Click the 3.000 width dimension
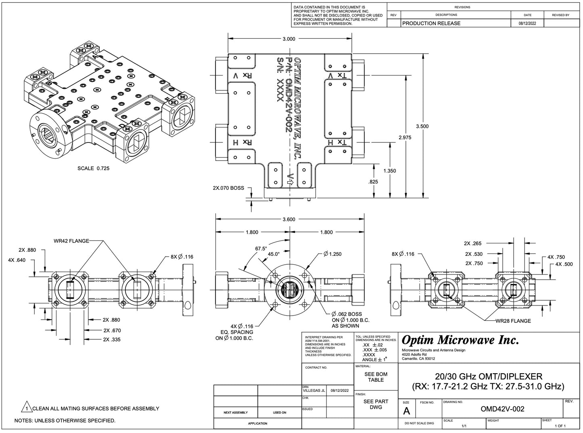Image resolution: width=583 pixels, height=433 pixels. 289,39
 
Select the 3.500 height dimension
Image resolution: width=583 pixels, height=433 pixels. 422,126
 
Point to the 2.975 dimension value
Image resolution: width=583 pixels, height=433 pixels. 405,138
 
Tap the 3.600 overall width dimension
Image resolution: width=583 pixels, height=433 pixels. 289,220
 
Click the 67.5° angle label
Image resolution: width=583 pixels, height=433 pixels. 260,249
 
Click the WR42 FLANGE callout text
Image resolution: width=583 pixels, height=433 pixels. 71,241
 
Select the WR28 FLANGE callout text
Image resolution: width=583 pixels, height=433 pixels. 513,321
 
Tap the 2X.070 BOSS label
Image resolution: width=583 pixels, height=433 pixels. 228,188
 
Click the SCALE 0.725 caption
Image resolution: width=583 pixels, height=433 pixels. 93,168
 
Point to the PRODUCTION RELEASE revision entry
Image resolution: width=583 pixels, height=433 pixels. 431,23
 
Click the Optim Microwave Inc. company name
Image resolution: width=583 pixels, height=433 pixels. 460,341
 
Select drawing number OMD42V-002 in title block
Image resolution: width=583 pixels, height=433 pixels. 502,409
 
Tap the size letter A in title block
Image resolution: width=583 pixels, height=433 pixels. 406,411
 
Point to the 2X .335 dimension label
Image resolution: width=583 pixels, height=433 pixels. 112,339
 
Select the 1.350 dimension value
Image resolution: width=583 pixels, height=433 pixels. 389,171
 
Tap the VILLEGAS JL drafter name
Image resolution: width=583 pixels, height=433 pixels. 314,391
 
